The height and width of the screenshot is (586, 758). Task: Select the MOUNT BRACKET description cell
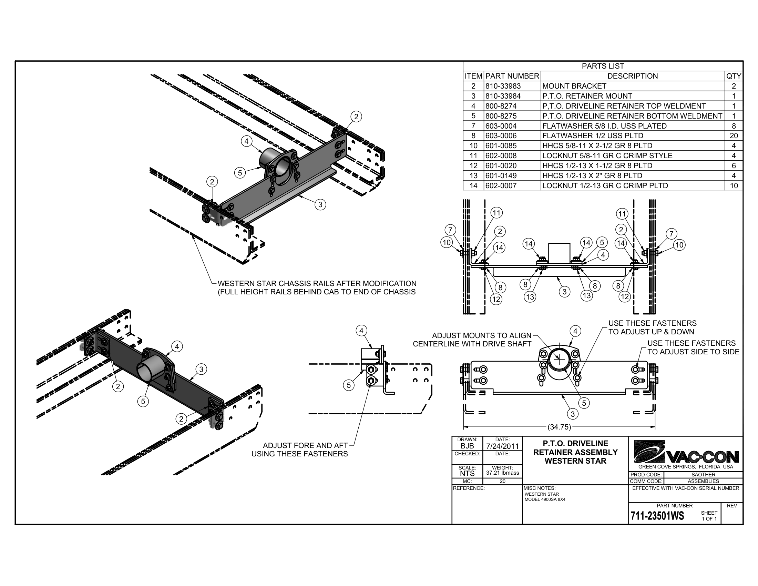tap(574, 86)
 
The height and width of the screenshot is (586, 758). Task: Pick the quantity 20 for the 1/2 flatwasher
tap(734, 136)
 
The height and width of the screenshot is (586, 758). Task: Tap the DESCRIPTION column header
tap(632, 76)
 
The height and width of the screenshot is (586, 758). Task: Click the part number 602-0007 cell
tap(501, 186)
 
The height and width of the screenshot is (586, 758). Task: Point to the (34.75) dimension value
tap(559, 427)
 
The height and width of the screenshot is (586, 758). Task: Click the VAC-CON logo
tap(686, 453)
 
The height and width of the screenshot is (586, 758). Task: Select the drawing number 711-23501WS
tap(657, 516)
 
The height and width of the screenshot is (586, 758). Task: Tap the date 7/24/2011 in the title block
tap(502, 446)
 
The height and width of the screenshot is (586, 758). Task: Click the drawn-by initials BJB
tap(467, 446)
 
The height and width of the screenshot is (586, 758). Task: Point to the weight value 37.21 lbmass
tap(502, 473)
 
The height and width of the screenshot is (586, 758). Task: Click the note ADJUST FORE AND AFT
tap(305, 445)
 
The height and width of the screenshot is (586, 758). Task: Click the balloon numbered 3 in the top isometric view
tap(320, 205)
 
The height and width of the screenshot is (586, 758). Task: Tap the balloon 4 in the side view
tap(361, 331)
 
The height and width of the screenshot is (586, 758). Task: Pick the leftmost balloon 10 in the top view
tap(446, 242)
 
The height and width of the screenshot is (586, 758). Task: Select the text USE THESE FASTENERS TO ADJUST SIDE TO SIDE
tap(693, 347)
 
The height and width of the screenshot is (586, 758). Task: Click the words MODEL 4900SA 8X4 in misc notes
tap(545, 499)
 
